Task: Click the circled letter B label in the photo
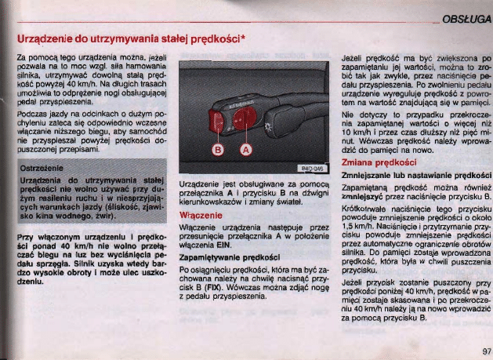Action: pyautogui.click(x=219, y=150)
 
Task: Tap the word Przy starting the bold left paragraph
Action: pyautogui.click(x=24, y=235)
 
